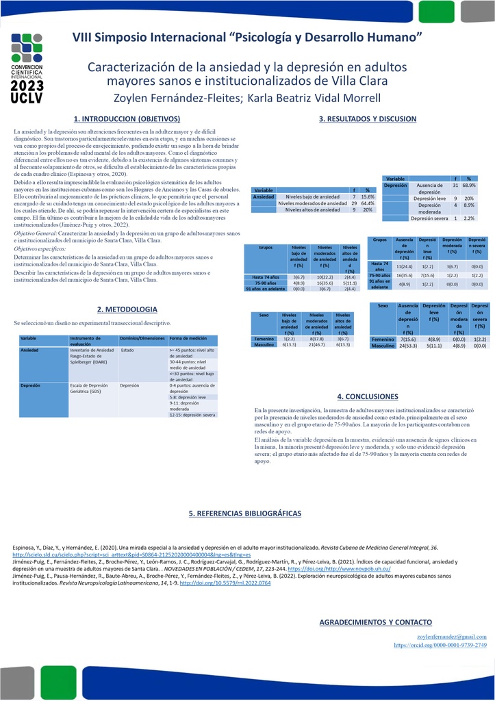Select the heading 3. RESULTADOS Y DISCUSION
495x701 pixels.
367,118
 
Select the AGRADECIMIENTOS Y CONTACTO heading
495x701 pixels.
376,622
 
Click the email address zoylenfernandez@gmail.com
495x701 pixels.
452,637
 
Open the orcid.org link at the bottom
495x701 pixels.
440,645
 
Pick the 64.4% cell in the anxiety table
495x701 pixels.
367,203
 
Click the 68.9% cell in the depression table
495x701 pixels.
469,186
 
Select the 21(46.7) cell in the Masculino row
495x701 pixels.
316,345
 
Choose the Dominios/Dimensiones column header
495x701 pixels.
141,339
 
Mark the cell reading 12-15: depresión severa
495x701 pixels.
192,415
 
